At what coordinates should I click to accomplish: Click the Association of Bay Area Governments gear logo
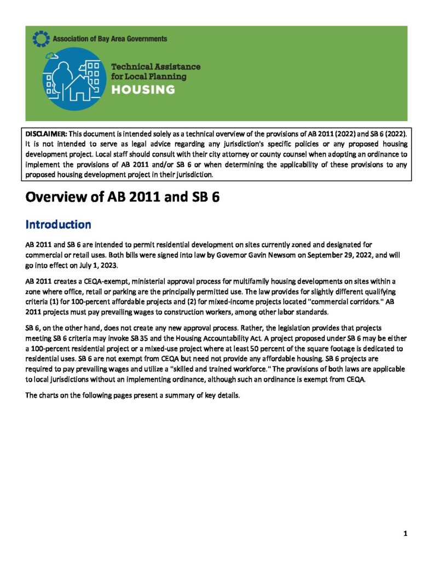pos(41,38)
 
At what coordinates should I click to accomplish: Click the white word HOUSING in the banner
pos(143,90)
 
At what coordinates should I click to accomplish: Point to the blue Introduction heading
pos(58,225)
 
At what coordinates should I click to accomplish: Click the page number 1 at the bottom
pos(405,534)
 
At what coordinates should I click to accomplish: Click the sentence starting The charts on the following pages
pos(132,395)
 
